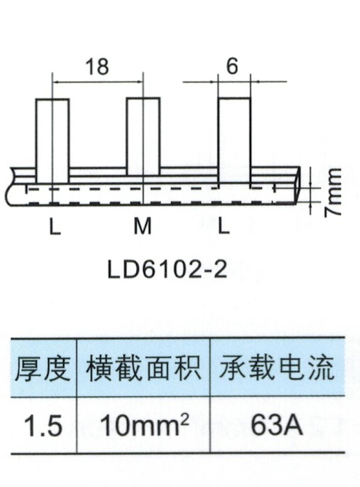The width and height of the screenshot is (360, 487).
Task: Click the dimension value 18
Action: [97, 66]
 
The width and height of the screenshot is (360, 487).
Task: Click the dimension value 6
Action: [232, 66]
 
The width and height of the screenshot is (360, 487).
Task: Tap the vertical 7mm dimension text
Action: [333, 193]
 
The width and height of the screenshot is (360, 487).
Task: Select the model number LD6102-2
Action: [167, 269]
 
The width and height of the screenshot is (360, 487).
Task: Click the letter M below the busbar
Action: [142, 226]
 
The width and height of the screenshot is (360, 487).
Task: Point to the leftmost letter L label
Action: [55, 226]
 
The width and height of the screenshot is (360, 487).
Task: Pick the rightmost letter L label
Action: [223, 226]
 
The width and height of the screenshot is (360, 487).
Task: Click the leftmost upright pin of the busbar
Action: [52, 142]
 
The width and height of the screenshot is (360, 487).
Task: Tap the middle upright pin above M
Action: [143, 136]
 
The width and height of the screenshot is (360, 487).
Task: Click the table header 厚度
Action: [43, 368]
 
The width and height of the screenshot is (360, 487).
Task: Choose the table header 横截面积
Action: [144, 368]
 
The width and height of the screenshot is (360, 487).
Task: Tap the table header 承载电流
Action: [277, 368]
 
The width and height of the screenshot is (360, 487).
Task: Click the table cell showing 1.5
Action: [43, 426]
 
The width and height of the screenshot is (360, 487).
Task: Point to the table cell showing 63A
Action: [276, 425]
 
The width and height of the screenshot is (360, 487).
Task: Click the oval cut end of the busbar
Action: [297, 186]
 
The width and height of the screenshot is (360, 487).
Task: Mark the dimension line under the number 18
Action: [98, 82]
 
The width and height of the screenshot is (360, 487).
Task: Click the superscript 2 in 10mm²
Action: [184, 419]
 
